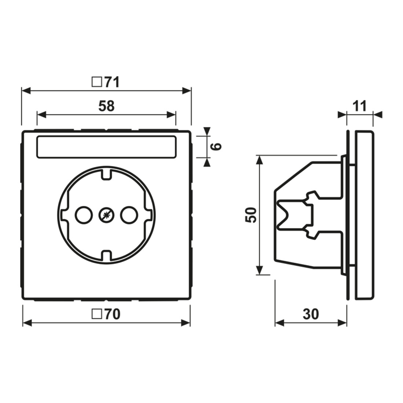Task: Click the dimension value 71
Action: tap(111, 82)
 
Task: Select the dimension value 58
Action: tap(106, 106)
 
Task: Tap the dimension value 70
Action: tap(112, 314)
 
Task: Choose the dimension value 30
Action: tap(311, 314)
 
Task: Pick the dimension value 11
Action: tap(359, 106)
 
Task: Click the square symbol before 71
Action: tap(96, 82)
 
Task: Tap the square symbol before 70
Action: tap(96, 314)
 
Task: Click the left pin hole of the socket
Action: tap(84, 215)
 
